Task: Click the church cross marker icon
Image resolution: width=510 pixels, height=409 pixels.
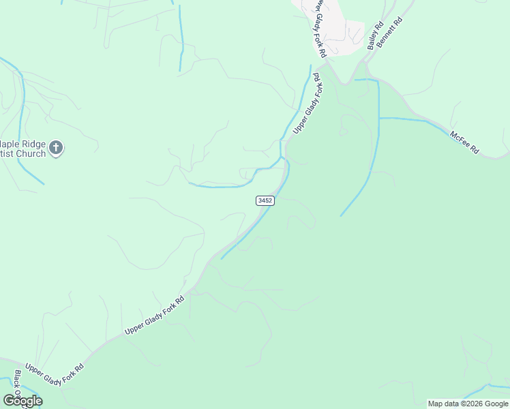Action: click(x=57, y=147)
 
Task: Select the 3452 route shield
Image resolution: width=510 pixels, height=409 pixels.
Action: click(x=265, y=200)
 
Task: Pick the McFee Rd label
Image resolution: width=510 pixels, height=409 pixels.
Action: click(x=465, y=142)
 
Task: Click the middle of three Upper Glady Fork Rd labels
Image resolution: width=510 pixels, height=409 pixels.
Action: click(x=155, y=315)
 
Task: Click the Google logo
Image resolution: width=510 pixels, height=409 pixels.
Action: click(x=22, y=401)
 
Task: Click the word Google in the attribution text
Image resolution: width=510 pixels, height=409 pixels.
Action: click(x=496, y=404)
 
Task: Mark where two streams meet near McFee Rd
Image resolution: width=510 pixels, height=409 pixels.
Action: click(x=378, y=118)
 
